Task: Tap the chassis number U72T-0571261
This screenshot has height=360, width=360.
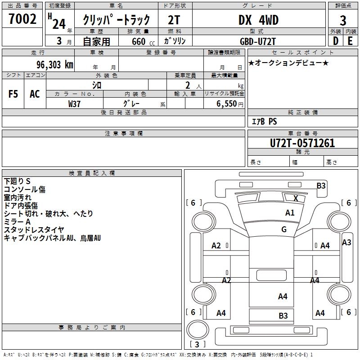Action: [x=302, y=143]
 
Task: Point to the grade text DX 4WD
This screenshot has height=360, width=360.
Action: [x=258, y=20]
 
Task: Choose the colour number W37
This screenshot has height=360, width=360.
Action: [x=74, y=103]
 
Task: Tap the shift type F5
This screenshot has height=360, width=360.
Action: [x=13, y=94]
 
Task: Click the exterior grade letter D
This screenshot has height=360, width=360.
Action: [x=335, y=41]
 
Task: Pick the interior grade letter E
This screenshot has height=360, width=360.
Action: [x=350, y=41]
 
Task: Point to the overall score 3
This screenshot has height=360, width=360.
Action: [x=343, y=20]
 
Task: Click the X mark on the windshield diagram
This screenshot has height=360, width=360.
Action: [x=296, y=198]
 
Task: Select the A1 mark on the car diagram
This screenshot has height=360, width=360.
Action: [x=290, y=213]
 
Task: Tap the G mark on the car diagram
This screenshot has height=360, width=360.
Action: [x=283, y=229]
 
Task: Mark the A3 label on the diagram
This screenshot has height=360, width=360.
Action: [x=346, y=243]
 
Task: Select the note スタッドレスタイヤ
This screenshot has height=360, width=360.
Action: [x=34, y=230]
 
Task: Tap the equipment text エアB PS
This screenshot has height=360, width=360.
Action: [x=264, y=121]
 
